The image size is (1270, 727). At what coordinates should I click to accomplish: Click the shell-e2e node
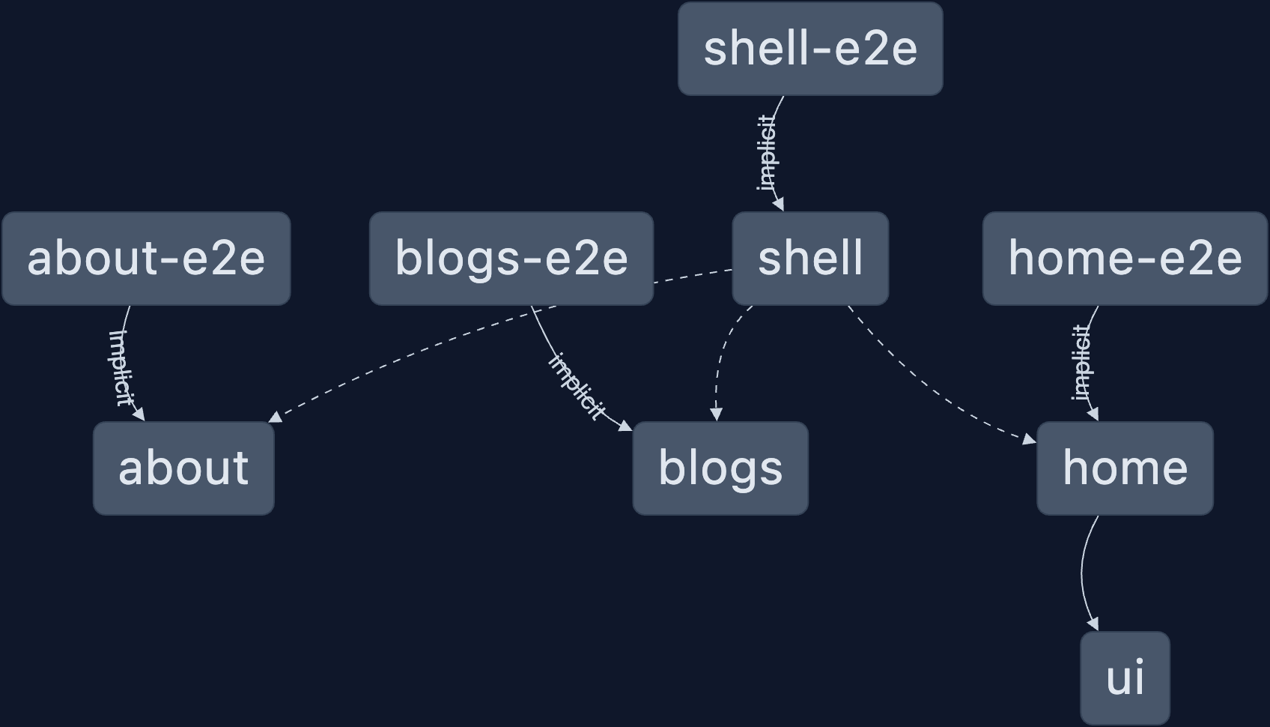(810, 49)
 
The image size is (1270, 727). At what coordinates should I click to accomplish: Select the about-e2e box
(146, 259)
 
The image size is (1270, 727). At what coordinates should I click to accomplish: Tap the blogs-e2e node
(511, 259)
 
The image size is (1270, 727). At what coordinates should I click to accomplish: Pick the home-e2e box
(1125, 259)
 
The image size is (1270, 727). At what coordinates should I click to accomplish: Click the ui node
(1125, 678)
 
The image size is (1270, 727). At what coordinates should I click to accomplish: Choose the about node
(183, 468)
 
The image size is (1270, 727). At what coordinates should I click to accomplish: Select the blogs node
(720, 468)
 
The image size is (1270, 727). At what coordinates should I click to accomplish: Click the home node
(1125, 468)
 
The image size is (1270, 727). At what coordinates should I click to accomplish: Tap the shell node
(810, 259)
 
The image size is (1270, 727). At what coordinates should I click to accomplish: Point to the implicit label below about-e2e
(121, 367)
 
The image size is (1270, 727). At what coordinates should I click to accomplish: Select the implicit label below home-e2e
(1081, 363)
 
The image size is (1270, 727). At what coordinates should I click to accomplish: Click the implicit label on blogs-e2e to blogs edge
(577, 386)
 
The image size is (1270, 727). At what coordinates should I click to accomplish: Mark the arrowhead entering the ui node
(1094, 624)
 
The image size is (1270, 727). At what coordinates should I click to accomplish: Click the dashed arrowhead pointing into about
(275, 417)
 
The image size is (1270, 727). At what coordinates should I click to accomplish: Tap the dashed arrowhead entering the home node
(1030, 439)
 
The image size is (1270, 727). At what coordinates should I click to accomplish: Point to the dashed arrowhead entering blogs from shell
(717, 414)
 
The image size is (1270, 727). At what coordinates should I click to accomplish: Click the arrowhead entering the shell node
(779, 204)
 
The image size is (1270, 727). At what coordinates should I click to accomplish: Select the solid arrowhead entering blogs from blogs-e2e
(626, 426)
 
